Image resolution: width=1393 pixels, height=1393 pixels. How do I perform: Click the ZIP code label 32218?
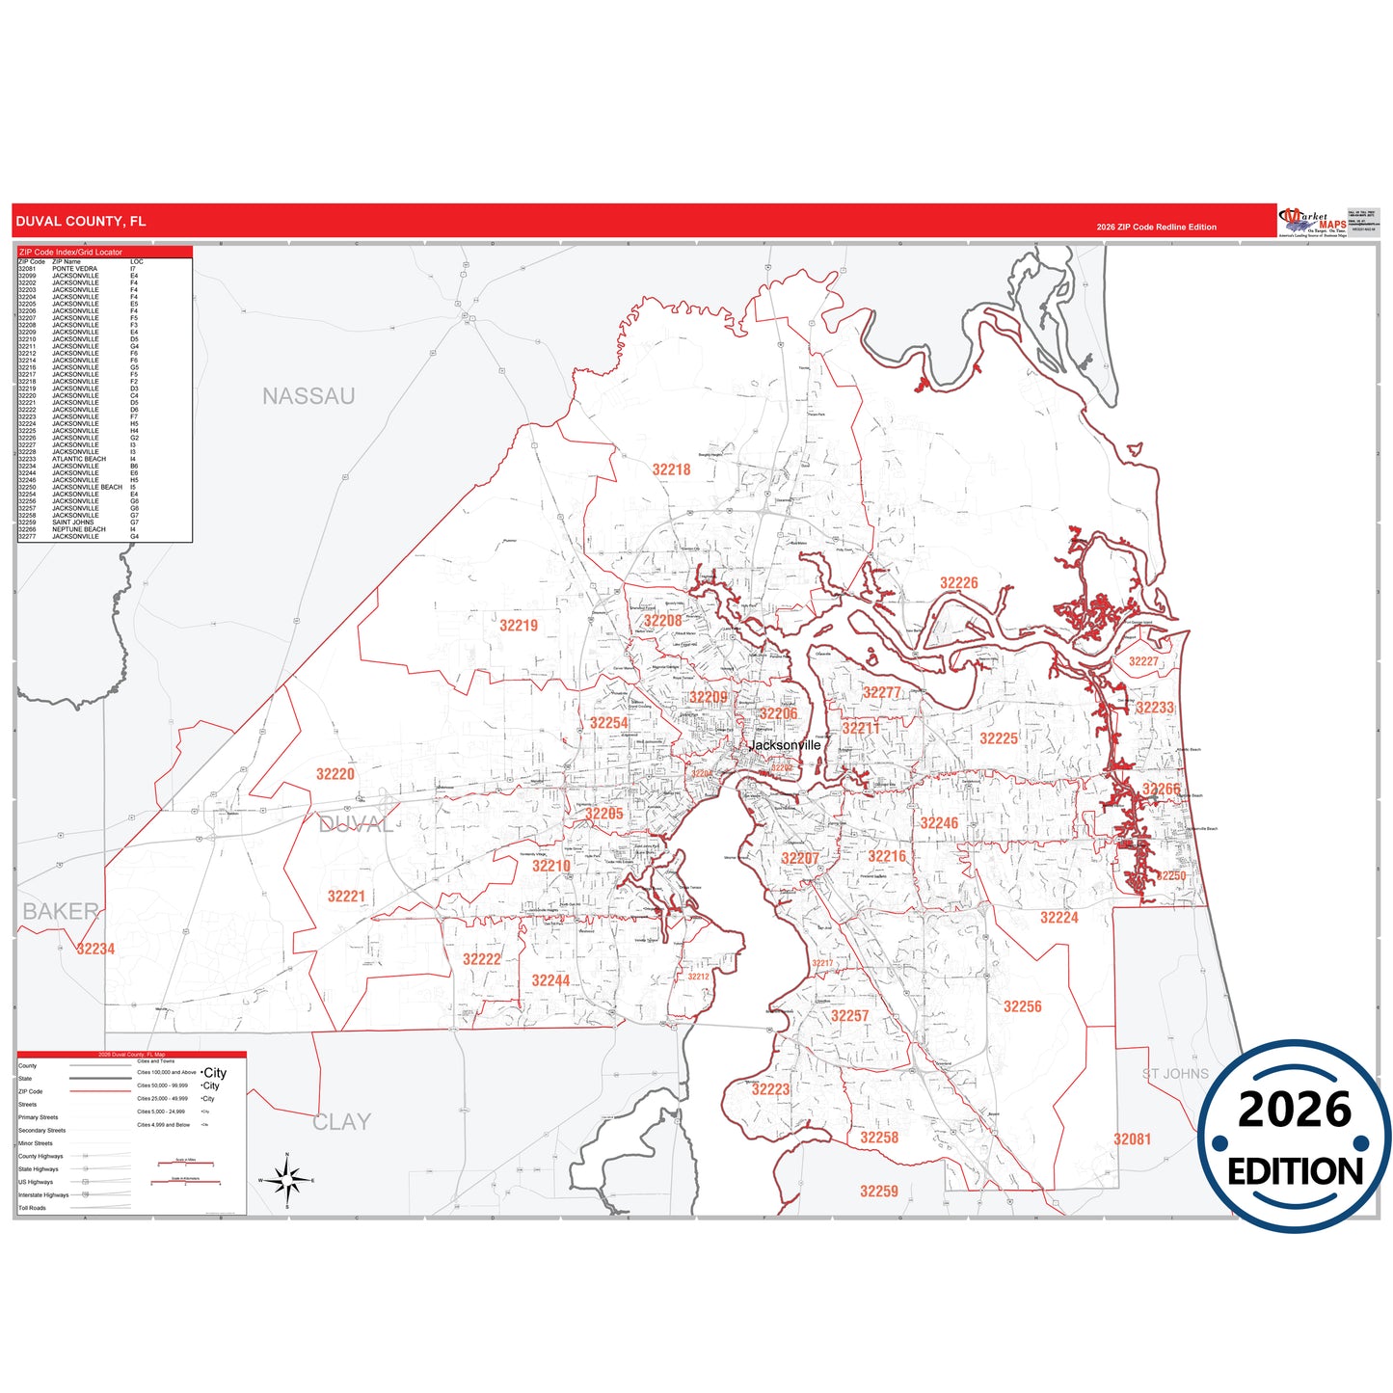click(671, 469)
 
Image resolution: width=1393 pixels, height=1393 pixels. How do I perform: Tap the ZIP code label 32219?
click(519, 626)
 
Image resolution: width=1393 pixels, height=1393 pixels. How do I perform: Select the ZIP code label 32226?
click(958, 583)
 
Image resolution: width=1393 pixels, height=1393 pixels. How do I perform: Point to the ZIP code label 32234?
click(95, 949)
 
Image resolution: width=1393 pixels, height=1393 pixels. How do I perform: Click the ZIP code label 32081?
click(1132, 1139)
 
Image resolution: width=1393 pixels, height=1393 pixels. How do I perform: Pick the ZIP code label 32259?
click(878, 1192)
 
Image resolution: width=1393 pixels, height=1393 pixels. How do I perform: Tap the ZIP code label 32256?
click(1022, 1006)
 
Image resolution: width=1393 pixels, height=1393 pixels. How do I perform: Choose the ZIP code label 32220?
click(335, 774)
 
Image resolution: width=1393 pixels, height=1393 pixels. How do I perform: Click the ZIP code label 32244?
click(550, 980)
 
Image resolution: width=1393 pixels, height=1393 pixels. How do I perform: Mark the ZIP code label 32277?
click(881, 692)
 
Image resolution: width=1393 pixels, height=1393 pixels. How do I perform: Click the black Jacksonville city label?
click(786, 745)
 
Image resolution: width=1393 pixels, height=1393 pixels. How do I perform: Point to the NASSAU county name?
click(308, 396)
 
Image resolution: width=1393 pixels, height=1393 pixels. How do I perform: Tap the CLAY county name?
click(341, 1122)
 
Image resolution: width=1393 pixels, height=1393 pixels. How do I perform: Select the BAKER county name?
click(60, 911)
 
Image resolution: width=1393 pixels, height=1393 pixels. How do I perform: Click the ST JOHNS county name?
click(1174, 1074)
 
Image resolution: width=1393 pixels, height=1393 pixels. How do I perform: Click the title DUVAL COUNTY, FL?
click(81, 222)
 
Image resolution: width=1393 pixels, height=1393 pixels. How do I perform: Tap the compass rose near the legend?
click(286, 1179)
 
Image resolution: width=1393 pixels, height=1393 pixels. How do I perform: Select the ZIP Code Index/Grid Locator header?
click(70, 252)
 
